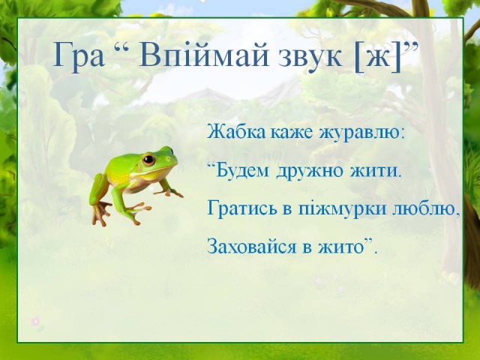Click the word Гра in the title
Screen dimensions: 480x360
(79, 55)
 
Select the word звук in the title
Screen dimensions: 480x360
(310, 58)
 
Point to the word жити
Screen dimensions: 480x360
(373, 171)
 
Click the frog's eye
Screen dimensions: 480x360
(148, 159)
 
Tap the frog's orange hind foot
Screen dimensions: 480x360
(100, 212)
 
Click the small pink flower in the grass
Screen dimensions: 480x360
(35, 320)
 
